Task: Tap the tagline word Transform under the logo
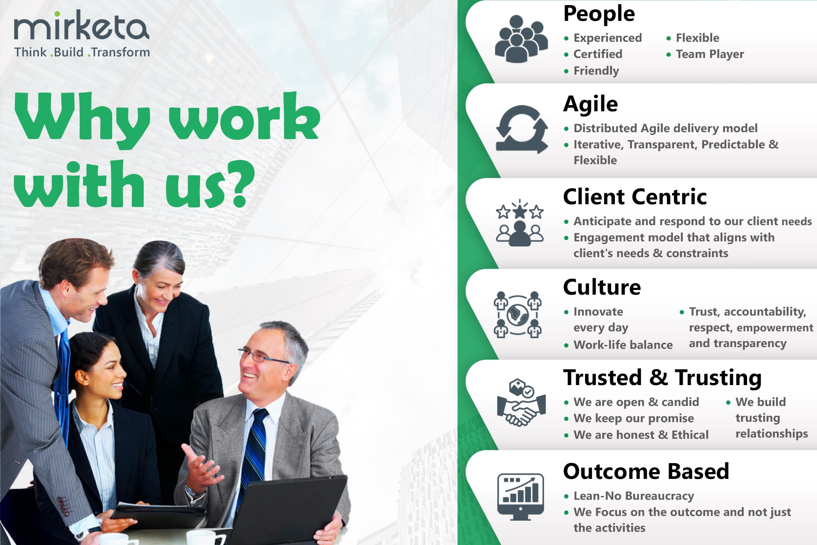[121, 52]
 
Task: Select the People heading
[599, 14]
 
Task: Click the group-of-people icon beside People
[521, 39]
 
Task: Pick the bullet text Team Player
[710, 54]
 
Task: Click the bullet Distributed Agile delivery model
[665, 128]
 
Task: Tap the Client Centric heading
[634, 197]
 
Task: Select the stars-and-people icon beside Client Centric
[520, 223]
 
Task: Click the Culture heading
[602, 287]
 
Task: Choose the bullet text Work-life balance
[623, 345]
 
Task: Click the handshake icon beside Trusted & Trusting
[521, 402]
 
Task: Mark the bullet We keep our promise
[633, 418]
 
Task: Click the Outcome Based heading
[646, 471]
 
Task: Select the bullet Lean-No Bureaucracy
[634, 496]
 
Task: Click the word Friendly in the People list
[596, 71]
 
